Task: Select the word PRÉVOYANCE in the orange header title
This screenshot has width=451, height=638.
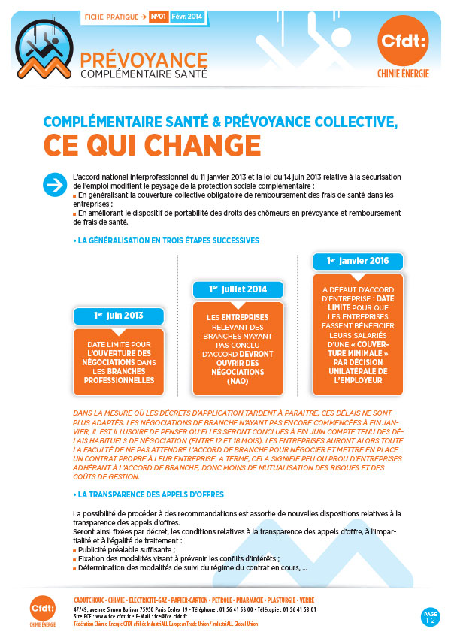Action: click(144, 59)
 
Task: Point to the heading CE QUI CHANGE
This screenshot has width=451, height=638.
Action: click(147, 143)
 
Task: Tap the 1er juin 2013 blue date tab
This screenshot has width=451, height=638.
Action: click(119, 316)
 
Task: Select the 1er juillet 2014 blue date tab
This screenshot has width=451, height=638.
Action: click(238, 289)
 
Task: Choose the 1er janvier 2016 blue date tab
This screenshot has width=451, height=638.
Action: click(358, 261)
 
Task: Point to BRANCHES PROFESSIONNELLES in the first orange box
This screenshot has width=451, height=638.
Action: click(119, 376)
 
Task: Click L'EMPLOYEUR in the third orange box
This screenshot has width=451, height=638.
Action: click(358, 381)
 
